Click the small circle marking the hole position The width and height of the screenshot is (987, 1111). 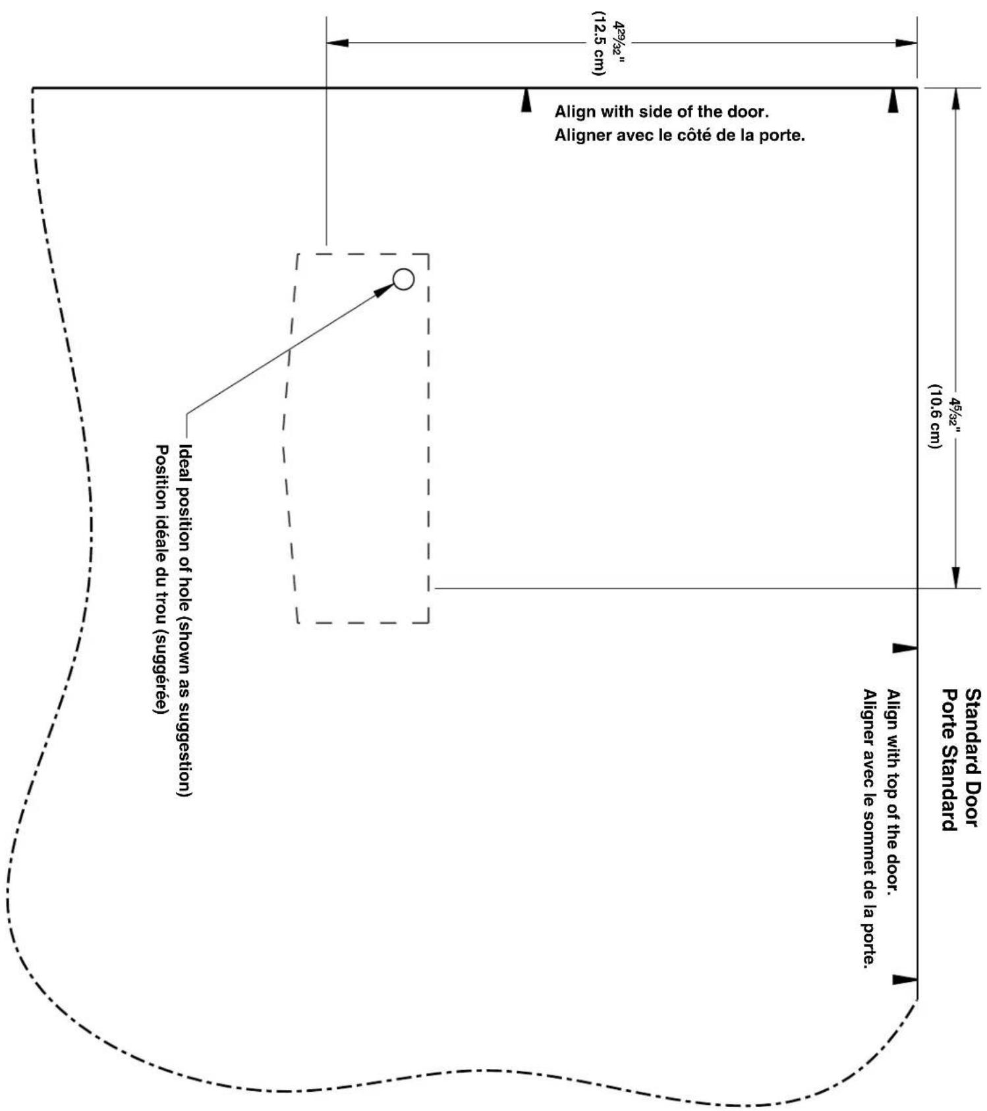click(x=403, y=279)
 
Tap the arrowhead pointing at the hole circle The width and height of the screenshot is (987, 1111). click(x=384, y=291)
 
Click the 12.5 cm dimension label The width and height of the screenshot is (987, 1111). click(x=598, y=43)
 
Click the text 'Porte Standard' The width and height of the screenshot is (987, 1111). click(x=949, y=760)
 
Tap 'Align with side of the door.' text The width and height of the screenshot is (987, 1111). click(x=662, y=111)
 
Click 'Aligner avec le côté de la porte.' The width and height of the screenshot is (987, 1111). click(x=679, y=137)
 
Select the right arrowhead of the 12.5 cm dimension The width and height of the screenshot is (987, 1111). click(x=906, y=43)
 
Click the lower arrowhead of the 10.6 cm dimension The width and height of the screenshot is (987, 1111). click(x=956, y=578)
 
